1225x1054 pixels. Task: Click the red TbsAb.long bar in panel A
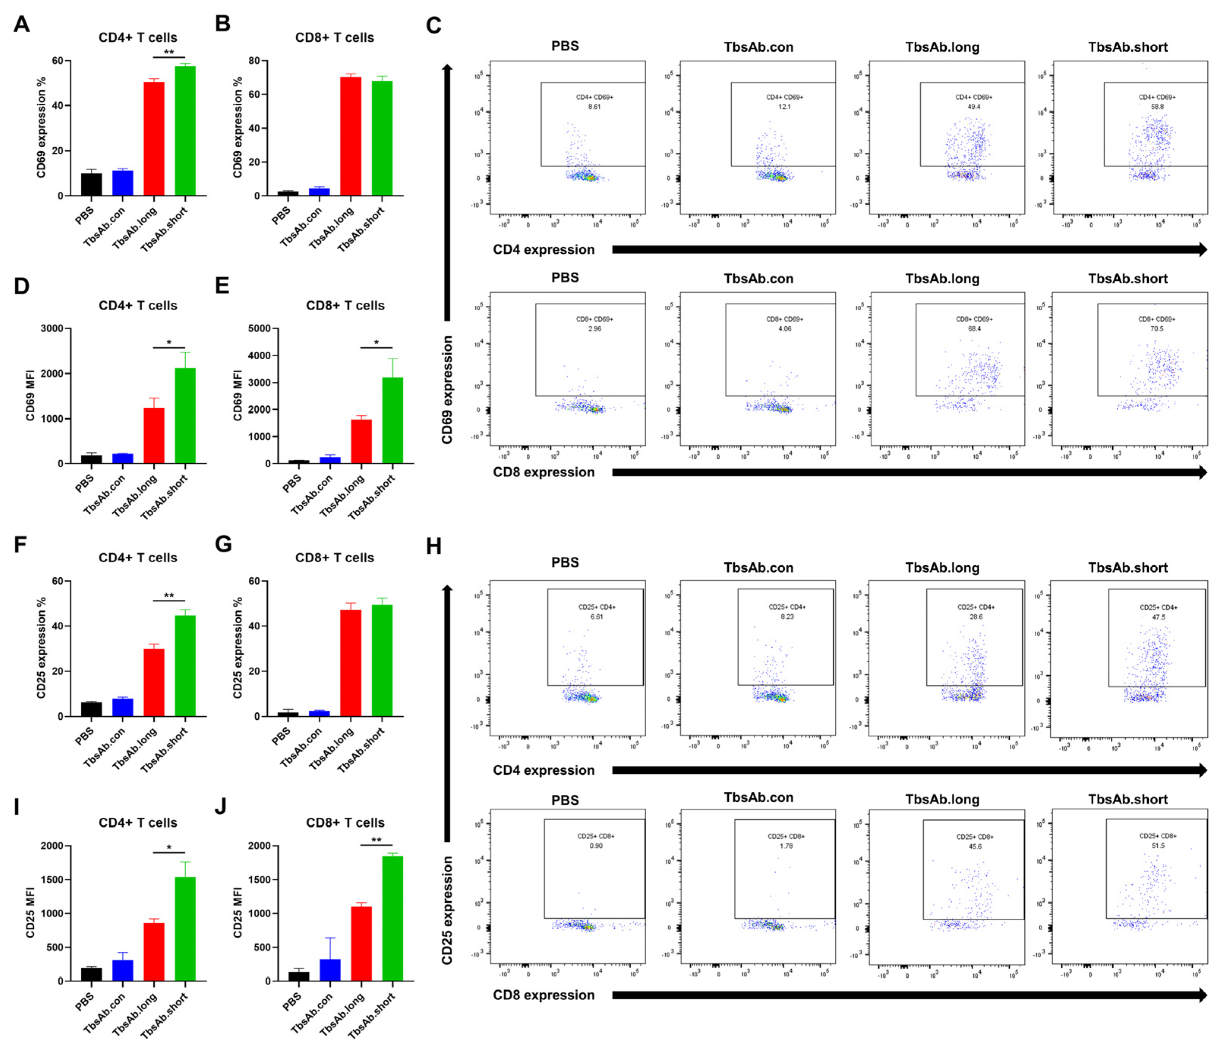(154, 139)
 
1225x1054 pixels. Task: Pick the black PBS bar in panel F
(92, 709)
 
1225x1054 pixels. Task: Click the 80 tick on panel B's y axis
(254, 60)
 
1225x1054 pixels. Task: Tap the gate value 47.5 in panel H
(1158, 617)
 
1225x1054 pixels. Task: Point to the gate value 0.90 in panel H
(595, 846)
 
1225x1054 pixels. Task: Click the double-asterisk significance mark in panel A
(169, 52)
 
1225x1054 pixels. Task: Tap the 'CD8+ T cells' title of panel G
(335, 558)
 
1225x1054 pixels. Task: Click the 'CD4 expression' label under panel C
(543, 250)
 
